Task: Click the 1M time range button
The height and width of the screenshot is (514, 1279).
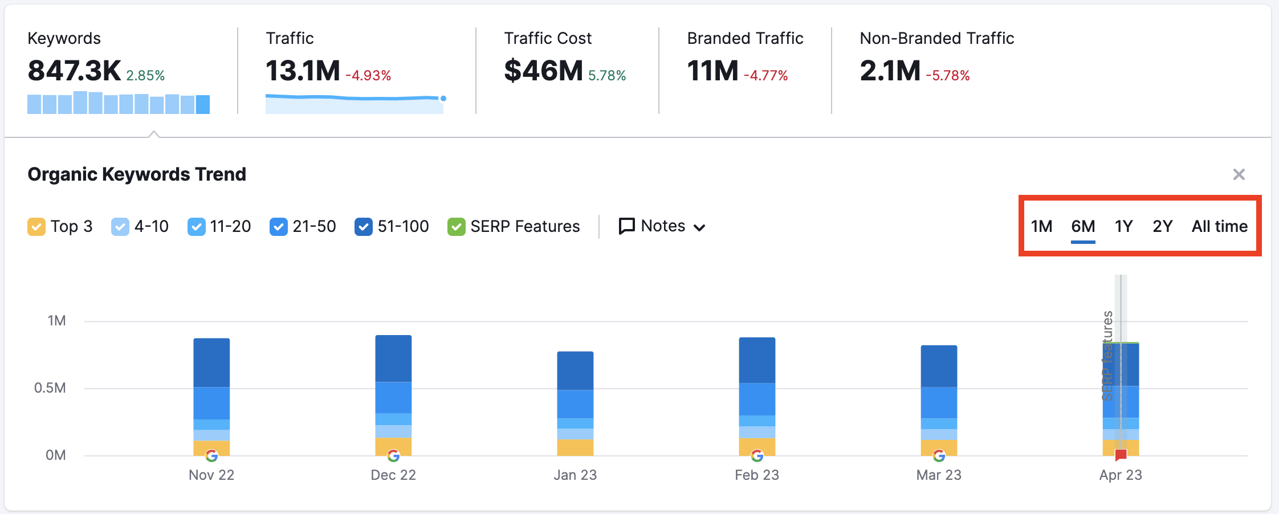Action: click(x=1041, y=226)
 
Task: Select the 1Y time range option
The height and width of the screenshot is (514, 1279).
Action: click(x=1123, y=226)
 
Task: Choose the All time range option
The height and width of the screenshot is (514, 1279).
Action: click(x=1219, y=226)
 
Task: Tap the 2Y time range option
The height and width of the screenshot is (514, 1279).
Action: click(x=1162, y=226)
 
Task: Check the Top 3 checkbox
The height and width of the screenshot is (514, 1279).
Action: click(x=36, y=227)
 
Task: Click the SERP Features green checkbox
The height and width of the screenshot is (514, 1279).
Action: click(x=456, y=227)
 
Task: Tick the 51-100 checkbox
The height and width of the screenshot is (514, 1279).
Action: click(x=363, y=227)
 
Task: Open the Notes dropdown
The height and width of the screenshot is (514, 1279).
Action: click(x=662, y=226)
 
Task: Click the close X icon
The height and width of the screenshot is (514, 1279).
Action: click(x=1239, y=174)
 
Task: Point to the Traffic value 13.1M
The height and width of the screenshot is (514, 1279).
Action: click(x=303, y=71)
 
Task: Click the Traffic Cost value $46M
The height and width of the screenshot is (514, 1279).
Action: click(x=543, y=71)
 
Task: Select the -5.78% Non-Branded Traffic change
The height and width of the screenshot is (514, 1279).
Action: click(x=948, y=76)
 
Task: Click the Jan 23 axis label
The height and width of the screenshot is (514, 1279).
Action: click(x=575, y=475)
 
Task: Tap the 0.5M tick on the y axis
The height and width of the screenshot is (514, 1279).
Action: click(x=50, y=388)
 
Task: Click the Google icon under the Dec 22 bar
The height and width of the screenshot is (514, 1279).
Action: click(x=393, y=455)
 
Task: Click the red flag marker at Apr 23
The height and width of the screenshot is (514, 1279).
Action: click(x=1121, y=455)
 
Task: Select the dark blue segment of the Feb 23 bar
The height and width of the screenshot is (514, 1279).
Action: click(x=757, y=360)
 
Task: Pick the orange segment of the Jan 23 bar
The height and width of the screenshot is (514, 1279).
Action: click(x=575, y=447)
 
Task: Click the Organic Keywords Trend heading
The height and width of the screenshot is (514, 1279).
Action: click(x=137, y=174)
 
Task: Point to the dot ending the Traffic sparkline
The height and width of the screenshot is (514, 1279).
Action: click(x=443, y=99)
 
